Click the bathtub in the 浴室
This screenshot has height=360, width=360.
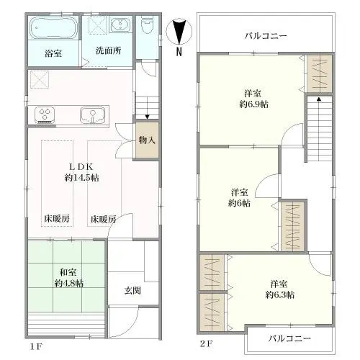coord(53,27)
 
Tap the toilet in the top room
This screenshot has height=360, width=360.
coord(147,24)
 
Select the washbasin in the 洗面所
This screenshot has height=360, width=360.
coord(120,24)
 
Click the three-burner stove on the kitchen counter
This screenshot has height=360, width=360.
coord(45,114)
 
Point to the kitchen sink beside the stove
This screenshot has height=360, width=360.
coord(93,115)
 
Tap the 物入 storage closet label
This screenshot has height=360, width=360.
coord(147,140)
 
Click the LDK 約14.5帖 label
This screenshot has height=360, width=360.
coord(81,172)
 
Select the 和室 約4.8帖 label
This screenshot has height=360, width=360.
coord(68,278)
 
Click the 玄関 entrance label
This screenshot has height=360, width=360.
coord(132,291)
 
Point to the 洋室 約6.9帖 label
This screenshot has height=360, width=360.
coord(253,99)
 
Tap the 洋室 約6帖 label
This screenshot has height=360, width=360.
coord(239,197)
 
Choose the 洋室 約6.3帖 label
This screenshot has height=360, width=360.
coord(279,289)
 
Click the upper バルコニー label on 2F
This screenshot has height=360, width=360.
coord(266,36)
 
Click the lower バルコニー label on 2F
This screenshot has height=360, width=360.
coord(289,338)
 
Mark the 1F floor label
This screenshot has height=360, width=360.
coord(36,347)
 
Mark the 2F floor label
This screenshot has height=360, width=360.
coord(207,344)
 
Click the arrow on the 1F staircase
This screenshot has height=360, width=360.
coord(147,113)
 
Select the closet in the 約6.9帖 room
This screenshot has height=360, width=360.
coord(320,73)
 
